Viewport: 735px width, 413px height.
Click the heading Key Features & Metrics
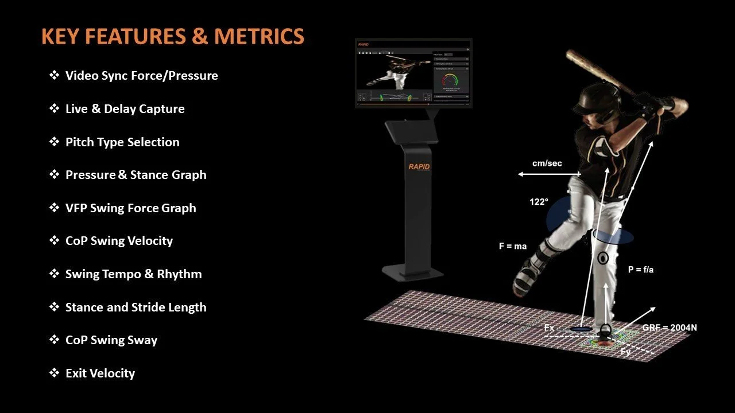click(173, 37)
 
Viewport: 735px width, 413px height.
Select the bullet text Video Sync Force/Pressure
click(141, 76)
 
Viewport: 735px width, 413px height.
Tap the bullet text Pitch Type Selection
click(122, 142)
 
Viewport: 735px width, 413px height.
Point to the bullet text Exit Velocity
click(100, 373)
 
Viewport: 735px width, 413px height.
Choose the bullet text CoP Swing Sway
click(111, 340)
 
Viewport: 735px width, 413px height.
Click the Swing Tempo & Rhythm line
click(133, 274)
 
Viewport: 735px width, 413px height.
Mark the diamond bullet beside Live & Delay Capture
click(55, 108)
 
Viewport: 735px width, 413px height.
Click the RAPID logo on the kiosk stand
click(419, 167)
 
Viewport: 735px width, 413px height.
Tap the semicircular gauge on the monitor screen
click(451, 81)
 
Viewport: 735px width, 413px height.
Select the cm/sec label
click(547, 163)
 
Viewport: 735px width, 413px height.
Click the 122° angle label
click(539, 202)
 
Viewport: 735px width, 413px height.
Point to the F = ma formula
click(512, 247)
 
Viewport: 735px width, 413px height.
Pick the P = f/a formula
click(640, 270)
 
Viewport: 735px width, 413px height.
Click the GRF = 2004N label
click(670, 328)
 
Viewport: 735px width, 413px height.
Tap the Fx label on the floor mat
click(550, 328)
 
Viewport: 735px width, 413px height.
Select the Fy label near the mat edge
click(626, 352)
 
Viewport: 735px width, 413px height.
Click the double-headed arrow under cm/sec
click(549, 174)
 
